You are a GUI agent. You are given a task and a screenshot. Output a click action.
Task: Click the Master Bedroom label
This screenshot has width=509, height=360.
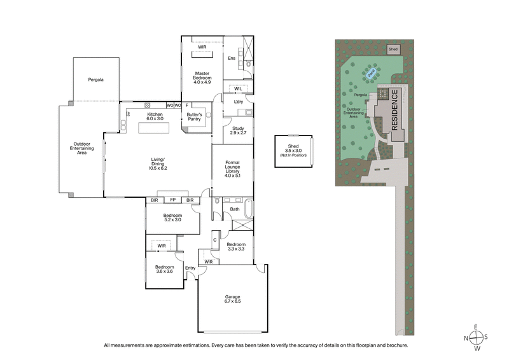(x=202, y=78)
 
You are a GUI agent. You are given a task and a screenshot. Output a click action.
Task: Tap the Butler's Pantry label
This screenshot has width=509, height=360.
(x=194, y=117)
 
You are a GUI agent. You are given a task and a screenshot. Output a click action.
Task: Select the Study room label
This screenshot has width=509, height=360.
(x=238, y=131)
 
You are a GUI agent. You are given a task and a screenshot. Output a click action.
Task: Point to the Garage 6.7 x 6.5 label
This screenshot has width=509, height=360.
(x=231, y=299)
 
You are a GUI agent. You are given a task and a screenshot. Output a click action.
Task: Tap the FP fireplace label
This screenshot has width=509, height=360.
(x=172, y=200)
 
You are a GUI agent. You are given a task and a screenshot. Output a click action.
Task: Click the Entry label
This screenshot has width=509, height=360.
(x=190, y=268)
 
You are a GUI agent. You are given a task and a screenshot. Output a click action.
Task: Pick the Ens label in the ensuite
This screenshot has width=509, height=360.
(x=232, y=59)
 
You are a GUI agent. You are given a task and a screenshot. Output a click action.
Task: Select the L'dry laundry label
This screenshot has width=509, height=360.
(x=239, y=102)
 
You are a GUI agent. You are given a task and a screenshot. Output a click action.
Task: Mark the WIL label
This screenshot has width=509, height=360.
(x=238, y=88)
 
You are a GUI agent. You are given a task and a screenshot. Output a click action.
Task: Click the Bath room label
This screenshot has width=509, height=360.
(x=235, y=209)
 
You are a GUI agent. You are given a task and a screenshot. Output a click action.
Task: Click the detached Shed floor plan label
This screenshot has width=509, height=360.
(x=293, y=150)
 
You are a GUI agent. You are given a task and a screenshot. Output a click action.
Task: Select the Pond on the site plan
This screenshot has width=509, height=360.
(x=371, y=74)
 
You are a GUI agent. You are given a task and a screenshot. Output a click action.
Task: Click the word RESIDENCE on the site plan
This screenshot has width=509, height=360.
(x=394, y=111)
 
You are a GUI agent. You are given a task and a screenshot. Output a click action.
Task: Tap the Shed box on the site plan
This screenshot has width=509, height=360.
(x=393, y=48)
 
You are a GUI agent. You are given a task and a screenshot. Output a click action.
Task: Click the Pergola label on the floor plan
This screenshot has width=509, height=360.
(x=96, y=80)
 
